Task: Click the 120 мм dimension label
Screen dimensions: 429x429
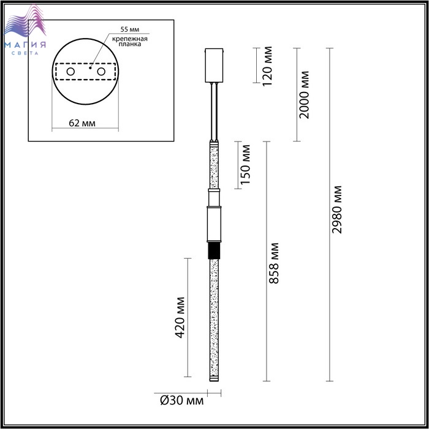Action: [x=267, y=66]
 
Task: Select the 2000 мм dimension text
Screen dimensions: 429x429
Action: [x=304, y=94]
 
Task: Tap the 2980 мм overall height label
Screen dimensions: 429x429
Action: [x=336, y=210]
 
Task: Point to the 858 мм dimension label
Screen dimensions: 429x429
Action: [x=273, y=263]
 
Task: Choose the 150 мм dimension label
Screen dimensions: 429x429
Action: [x=245, y=164]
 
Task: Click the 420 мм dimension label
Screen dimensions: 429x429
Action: [x=180, y=317]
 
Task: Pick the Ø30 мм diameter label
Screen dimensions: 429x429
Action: [x=181, y=401]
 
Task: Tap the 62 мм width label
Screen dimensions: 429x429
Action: [x=82, y=123]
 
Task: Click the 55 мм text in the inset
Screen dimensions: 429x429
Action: [x=130, y=29]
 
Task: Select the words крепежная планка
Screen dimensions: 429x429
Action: [x=130, y=41]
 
